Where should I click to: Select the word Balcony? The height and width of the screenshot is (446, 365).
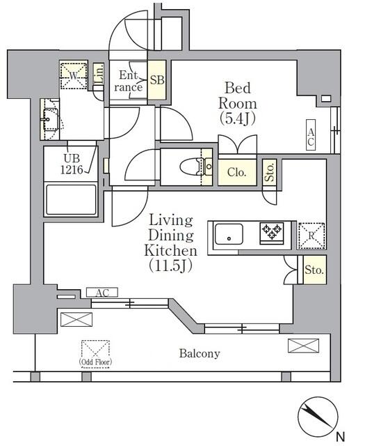200,353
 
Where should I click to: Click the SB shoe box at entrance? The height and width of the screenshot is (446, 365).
158,80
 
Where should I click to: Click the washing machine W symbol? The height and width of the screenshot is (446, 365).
73,75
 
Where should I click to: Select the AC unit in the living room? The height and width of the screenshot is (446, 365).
102,292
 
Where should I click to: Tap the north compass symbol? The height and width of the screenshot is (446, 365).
319,417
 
